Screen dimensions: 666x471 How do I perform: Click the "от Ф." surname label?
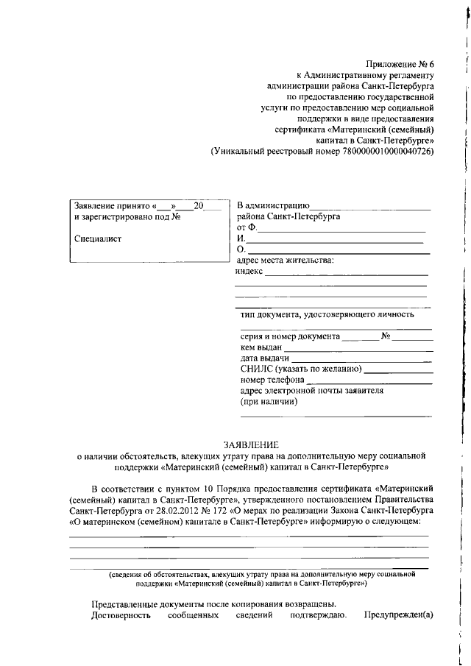[246, 228]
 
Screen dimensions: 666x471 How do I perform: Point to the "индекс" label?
[249, 271]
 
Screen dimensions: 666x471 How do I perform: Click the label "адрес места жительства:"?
[284, 260]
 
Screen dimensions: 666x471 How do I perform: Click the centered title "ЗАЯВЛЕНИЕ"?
[251, 444]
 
